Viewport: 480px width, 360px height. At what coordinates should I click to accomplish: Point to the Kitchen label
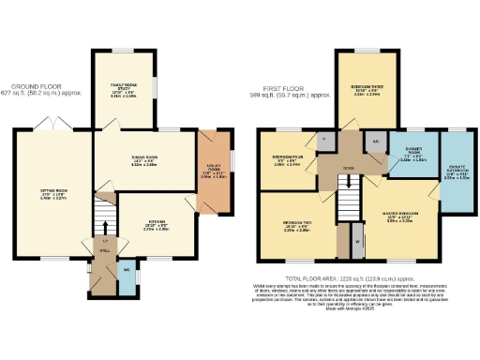click(x=157, y=224)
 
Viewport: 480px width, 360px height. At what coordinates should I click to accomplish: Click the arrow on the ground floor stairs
click(x=105, y=228)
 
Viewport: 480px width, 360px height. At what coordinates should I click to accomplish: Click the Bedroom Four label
click(x=286, y=159)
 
